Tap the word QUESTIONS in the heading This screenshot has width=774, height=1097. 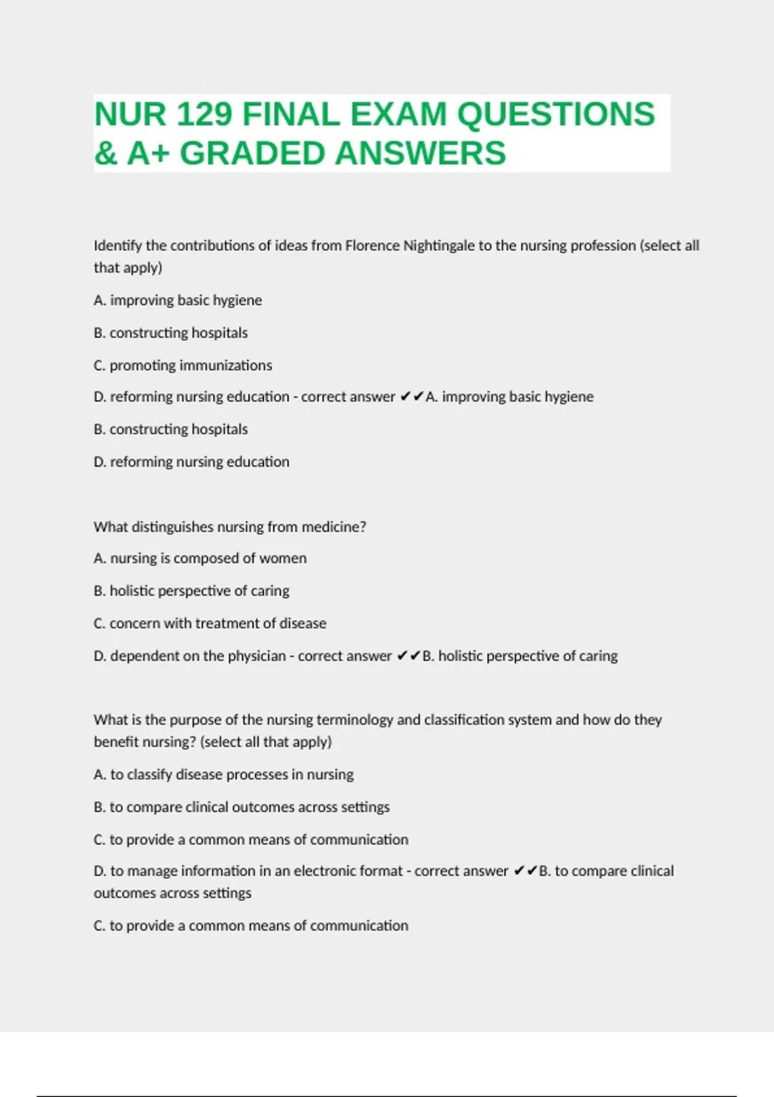(556, 115)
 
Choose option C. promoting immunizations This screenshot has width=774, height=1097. (183, 365)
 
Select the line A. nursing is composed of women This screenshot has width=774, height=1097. (200, 558)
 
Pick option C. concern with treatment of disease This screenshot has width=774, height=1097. (210, 623)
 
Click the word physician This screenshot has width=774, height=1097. (256, 656)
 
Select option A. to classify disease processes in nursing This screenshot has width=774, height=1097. (223, 774)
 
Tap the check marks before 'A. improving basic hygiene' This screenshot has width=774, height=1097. (412, 397)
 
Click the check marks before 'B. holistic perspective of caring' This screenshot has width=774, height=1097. (408, 656)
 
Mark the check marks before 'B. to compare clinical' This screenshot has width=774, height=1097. (525, 871)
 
